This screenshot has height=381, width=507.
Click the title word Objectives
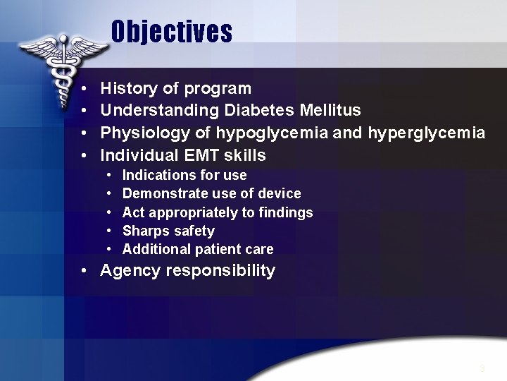point(171,32)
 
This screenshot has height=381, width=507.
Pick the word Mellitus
point(330,111)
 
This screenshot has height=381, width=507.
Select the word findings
point(288,212)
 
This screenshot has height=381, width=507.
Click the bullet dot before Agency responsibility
point(84,271)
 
